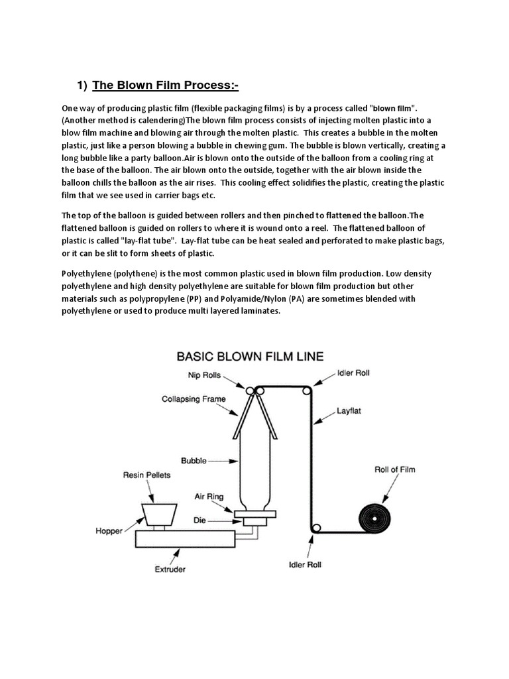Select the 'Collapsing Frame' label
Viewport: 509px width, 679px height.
pos(194,399)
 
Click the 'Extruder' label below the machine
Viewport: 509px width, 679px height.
pos(171,569)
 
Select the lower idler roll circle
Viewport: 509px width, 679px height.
pos(315,528)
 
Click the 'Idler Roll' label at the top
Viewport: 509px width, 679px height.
pos(354,373)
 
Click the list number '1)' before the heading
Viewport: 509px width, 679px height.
pos(82,85)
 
